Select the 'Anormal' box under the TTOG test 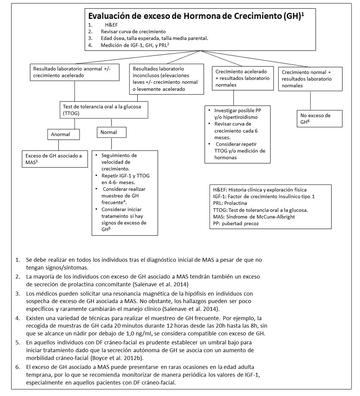coord(64,135)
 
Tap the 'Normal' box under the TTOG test coord(112,132)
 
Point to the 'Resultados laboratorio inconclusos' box coord(166,79)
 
